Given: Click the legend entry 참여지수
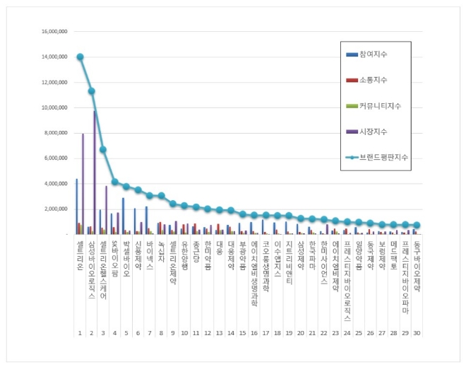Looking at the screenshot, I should click(x=374, y=54).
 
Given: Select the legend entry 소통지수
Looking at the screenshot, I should click(x=374, y=80).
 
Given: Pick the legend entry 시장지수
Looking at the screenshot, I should click(x=374, y=132).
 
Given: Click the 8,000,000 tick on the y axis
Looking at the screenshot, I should click(x=56, y=133).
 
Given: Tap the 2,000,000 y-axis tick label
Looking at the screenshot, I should click(x=56, y=209).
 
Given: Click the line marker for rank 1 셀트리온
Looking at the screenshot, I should click(x=80, y=57).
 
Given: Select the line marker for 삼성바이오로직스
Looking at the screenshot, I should click(x=91, y=91).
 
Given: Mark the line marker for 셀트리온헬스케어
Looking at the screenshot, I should click(x=103, y=149).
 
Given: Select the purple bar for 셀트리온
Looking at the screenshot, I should click(x=83, y=184).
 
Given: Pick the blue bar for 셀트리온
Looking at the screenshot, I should click(x=76, y=206).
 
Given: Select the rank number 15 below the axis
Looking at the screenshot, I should click(x=242, y=332).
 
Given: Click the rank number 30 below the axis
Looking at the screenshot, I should click(x=417, y=332).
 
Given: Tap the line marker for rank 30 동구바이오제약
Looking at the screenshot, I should click(x=417, y=226).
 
